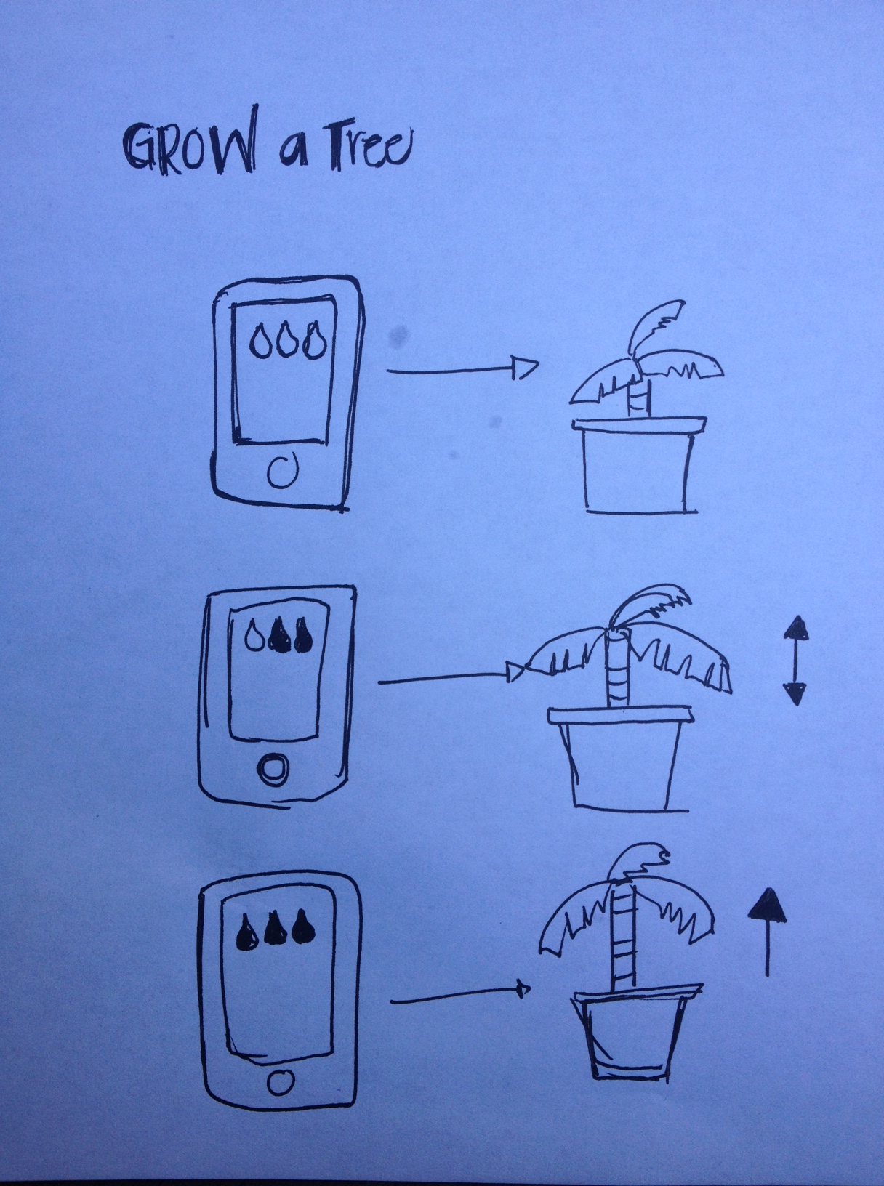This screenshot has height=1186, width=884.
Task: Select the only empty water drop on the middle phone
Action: click(x=254, y=637)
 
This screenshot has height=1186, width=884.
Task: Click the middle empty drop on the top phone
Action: click(x=288, y=341)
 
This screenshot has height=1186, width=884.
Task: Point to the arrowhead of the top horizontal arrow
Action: click(x=525, y=367)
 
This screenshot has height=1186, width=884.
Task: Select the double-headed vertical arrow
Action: click(x=796, y=661)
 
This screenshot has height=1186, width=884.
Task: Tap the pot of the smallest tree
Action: click(x=639, y=464)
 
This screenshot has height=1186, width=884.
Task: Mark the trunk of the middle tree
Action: click(x=616, y=669)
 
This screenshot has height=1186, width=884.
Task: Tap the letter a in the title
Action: click(x=294, y=150)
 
